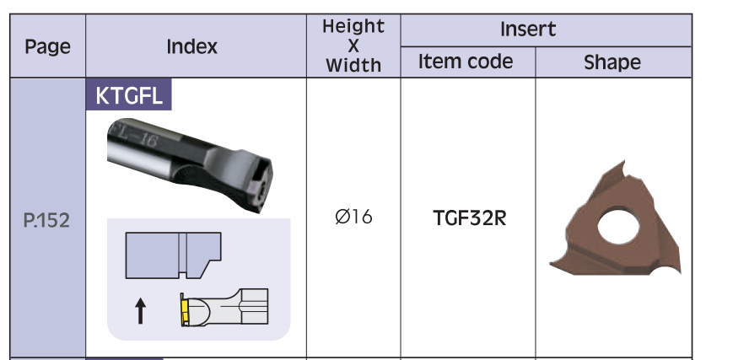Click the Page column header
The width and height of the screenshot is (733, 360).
tap(47, 46)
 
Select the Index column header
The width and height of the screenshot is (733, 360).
tap(191, 46)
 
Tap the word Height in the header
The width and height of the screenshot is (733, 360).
tap(353, 27)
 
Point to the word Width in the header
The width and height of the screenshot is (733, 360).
tap(353, 65)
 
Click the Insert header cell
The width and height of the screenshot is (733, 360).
tap(528, 29)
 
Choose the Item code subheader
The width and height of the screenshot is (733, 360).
tap(466, 62)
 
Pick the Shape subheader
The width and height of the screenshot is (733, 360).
tap(612, 62)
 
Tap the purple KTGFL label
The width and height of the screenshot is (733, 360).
tap(129, 96)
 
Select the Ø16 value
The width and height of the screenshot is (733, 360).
tap(353, 218)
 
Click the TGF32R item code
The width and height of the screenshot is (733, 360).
tap(469, 218)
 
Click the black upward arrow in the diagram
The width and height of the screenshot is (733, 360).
tap(140, 313)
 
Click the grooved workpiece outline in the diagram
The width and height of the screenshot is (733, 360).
tap(172, 255)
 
